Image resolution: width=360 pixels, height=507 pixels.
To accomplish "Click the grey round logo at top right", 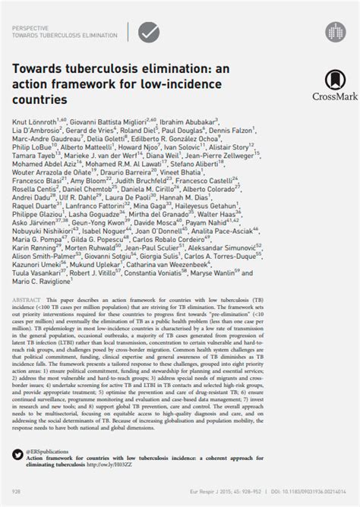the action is [334, 30].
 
